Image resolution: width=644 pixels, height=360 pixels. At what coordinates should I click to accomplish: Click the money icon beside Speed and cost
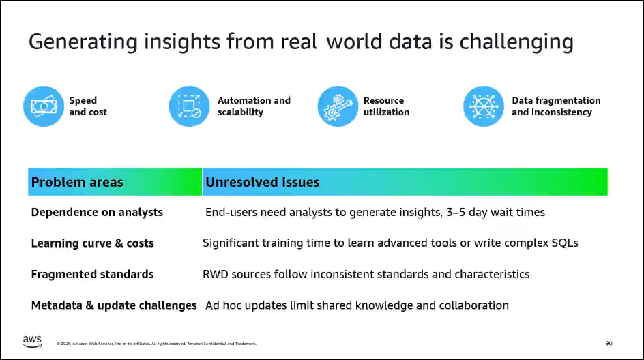coord(44,106)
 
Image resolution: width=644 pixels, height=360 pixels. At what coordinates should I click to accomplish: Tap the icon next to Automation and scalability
coord(190,106)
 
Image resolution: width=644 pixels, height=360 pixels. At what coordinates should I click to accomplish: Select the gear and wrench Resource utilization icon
coord(338,106)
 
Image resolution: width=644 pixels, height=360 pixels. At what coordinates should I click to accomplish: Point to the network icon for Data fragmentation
coord(484,106)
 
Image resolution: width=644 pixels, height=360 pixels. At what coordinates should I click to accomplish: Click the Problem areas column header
coord(77,182)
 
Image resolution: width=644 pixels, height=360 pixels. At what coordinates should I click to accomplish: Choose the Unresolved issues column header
coord(263,182)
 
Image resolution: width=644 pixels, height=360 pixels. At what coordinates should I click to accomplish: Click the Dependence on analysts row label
coord(97,212)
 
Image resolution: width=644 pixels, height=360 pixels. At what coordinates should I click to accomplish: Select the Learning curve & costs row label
coord(92,243)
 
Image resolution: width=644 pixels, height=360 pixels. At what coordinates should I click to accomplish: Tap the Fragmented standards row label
coord(92,274)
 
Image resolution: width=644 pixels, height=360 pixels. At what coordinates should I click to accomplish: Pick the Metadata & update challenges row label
coord(114,305)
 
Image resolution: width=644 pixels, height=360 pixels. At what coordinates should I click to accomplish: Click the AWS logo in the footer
coord(32,342)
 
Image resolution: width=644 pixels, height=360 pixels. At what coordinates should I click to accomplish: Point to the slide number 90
coord(609,343)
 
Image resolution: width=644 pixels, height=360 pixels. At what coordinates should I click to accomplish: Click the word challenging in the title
coord(516,42)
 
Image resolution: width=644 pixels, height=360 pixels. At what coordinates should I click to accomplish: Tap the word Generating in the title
coord(83,42)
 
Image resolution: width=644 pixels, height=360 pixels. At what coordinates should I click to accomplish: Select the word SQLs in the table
coord(565,243)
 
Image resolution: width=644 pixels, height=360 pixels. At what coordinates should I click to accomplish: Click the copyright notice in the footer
coord(156,344)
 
